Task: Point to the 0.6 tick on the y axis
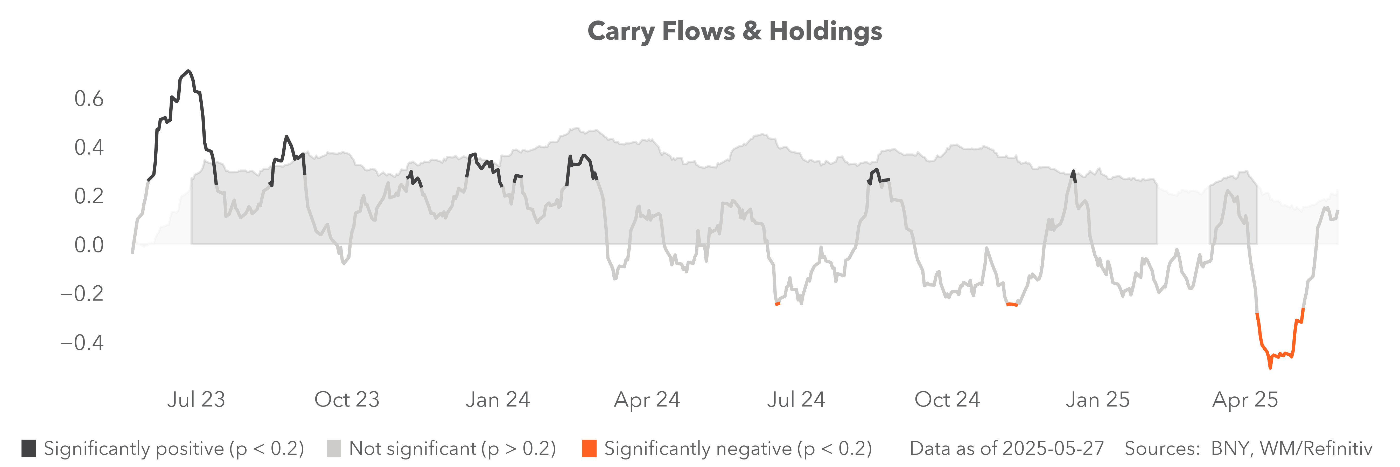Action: (89, 99)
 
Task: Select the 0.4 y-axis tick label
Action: (89, 147)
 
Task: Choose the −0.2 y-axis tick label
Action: (81, 294)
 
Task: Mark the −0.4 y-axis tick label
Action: (81, 342)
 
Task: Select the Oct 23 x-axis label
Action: (347, 400)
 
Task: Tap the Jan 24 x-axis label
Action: (497, 400)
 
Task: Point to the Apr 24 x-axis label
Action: (647, 400)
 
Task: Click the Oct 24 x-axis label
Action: (947, 400)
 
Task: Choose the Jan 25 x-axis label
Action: (1097, 400)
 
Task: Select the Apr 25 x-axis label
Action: (1245, 400)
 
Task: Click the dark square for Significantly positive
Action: (29, 449)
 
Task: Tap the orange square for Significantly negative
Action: (589, 449)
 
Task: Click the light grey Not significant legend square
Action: (334, 449)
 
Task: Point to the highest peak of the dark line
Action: (188, 71)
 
